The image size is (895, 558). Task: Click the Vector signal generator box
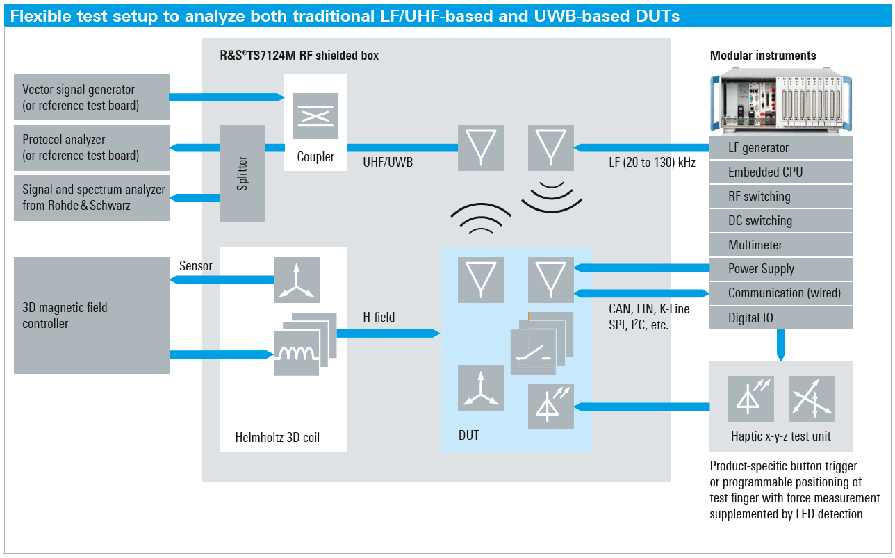coord(91,97)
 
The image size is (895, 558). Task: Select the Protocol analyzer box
coord(91,147)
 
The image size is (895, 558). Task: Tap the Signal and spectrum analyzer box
coord(91,197)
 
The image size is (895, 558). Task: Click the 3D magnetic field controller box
coord(91,315)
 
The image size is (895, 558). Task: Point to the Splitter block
coord(242,173)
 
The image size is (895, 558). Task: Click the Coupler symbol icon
coord(315,116)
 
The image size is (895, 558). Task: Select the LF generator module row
coord(780,148)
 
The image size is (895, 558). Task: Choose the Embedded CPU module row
coord(780,172)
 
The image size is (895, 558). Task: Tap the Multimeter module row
coord(780,245)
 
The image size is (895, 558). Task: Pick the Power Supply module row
coord(780,269)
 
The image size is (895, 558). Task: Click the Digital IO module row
coord(780,318)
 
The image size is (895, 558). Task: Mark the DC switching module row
coord(780,221)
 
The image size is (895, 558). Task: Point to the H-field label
coord(379,318)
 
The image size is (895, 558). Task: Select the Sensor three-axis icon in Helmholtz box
coord(297,280)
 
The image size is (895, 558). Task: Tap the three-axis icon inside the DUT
coord(480,388)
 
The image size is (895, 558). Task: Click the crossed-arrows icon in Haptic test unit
coord(812,399)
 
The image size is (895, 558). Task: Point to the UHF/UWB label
coord(388,163)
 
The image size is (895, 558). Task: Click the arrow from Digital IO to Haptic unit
coord(780,345)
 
